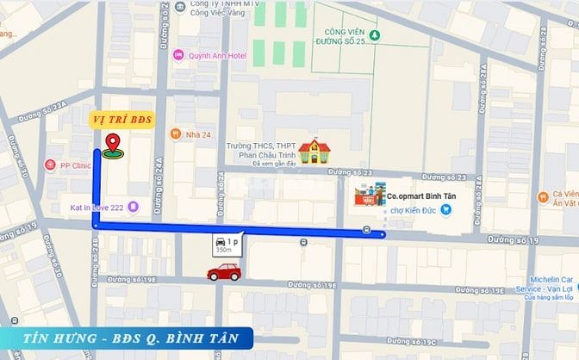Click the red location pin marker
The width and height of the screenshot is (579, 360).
click(x=112, y=145)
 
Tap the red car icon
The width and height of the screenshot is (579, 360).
click(x=224, y=273)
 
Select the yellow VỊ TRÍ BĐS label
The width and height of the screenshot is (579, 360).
click(x=124, y=120)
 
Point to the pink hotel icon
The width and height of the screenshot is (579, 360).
click(x=178, y=57)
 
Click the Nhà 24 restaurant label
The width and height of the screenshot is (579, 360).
click(x=198, y=134)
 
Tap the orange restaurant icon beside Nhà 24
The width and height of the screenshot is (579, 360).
click(x=175, y=134)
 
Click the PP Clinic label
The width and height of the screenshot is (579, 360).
click(x=75, y=165)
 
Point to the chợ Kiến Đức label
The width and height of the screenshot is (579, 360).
click(x=415, y=209)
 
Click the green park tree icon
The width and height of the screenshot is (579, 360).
click(x=375, y=36)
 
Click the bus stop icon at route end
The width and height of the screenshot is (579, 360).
click(x=368, y=230)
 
